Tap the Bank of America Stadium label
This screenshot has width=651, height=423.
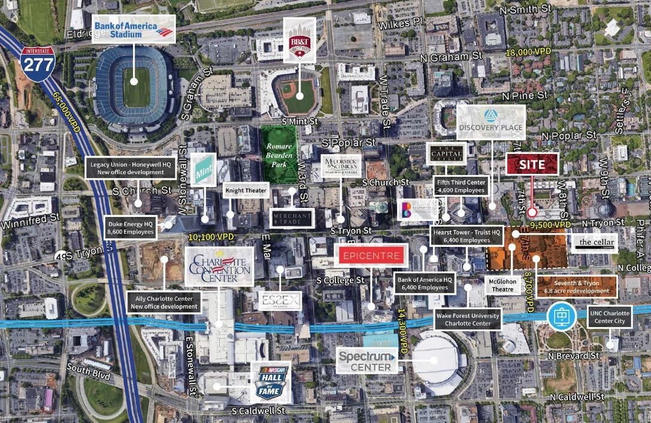tap(133, 29)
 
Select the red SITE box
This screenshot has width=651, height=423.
tap(532, 164)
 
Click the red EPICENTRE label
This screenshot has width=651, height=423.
tap(371, 256)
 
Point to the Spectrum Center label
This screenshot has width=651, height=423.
tap(367, 360)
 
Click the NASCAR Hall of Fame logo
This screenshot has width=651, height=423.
tap(271, 382)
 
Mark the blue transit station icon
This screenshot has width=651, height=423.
tap(561, 314)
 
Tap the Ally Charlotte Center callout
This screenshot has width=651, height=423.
tap(163, 302)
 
